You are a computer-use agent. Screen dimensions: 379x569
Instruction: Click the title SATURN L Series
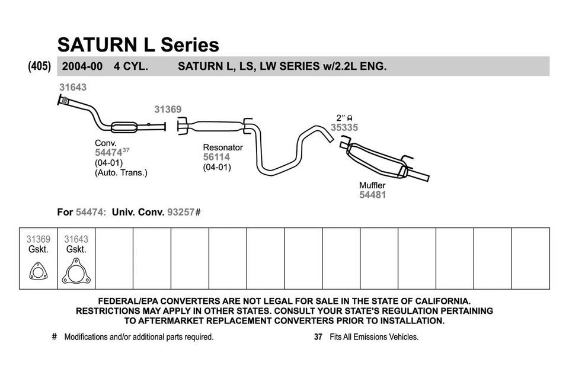click(138, 44)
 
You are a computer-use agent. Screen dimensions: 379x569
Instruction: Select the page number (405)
click(39, 66)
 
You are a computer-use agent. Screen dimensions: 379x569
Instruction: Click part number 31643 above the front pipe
click(73, 87)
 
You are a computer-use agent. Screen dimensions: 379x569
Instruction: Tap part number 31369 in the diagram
click(168, 110)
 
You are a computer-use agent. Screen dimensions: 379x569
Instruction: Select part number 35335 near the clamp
click(344, 127)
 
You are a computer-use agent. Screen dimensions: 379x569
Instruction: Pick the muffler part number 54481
click(372, 195)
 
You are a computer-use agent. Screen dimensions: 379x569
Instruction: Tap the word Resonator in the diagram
click(223, 147)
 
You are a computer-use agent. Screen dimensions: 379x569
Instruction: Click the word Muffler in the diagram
click(372, 185)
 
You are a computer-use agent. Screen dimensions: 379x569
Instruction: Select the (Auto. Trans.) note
click(121, 173)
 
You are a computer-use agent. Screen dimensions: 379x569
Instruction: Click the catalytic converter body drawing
click(124, 127)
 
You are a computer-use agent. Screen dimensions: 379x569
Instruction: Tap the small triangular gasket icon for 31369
click(38, 274)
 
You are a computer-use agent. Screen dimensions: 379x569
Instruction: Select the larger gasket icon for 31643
click(75, 274)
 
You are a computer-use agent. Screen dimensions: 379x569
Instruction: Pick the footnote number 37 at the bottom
click(318, 337)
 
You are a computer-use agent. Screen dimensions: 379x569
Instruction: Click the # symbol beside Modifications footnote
click(55, 337)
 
